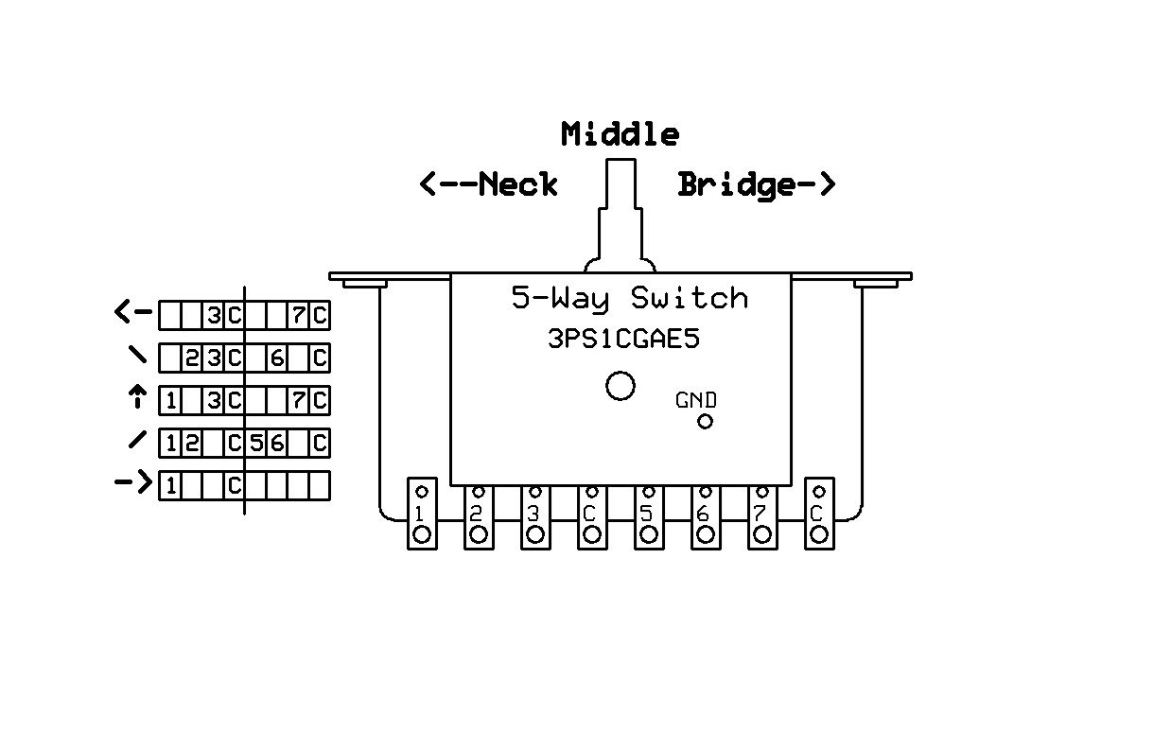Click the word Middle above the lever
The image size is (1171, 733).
pos(620,134)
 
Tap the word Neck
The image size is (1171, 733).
pos(518,184)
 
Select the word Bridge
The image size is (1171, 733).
pos(737,185)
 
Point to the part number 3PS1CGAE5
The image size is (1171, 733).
pos(623,339)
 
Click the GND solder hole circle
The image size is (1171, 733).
pos(705,422)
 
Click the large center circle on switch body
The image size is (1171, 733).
pos(620,386)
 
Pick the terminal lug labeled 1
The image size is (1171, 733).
pos(422,514)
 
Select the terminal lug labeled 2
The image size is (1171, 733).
pos(479,517)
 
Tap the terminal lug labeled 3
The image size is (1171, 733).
pos(535,517)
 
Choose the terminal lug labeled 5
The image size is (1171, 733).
pos(649,517)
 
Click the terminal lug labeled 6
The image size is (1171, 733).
pos(706,517)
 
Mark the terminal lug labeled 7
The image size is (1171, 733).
pos(762,517)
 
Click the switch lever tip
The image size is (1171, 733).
pos(620,161)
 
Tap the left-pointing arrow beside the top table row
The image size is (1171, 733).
pos(133,311)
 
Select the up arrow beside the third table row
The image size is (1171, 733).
pos(137,396)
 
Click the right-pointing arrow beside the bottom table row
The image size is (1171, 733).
pos(133,482)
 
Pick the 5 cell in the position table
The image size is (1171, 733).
pos(255,444)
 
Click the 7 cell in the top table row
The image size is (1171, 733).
pos(298,315)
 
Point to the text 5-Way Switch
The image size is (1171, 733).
pos(629,299)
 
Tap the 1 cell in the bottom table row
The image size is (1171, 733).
pos(170,486)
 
